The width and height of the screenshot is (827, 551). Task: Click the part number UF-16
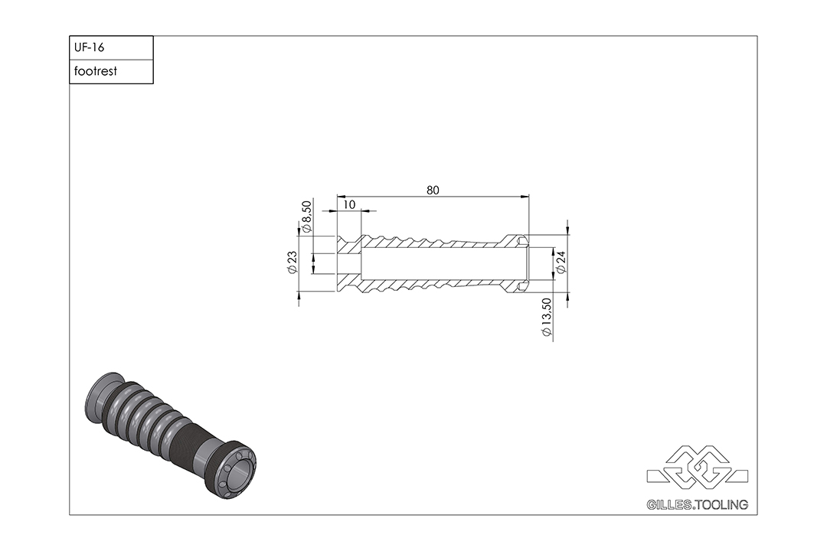click(x=89, y=47)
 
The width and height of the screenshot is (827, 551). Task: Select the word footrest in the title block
click(x=96, y=71)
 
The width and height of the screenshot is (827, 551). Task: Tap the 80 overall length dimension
click(x=433, y=191)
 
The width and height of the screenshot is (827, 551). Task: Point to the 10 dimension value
click(x=349, y=204)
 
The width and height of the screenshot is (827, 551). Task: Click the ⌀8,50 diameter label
click(x=306, y=217)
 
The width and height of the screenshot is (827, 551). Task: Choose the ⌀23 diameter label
click(x=293, y=262)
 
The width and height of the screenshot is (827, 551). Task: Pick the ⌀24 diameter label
click(x=561, y=262)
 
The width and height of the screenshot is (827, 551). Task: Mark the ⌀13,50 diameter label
click(x=547, y=317)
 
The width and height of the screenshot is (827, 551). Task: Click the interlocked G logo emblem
click(x=698, y=467)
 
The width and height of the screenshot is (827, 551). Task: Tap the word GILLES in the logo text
click(x=669, y=505)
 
